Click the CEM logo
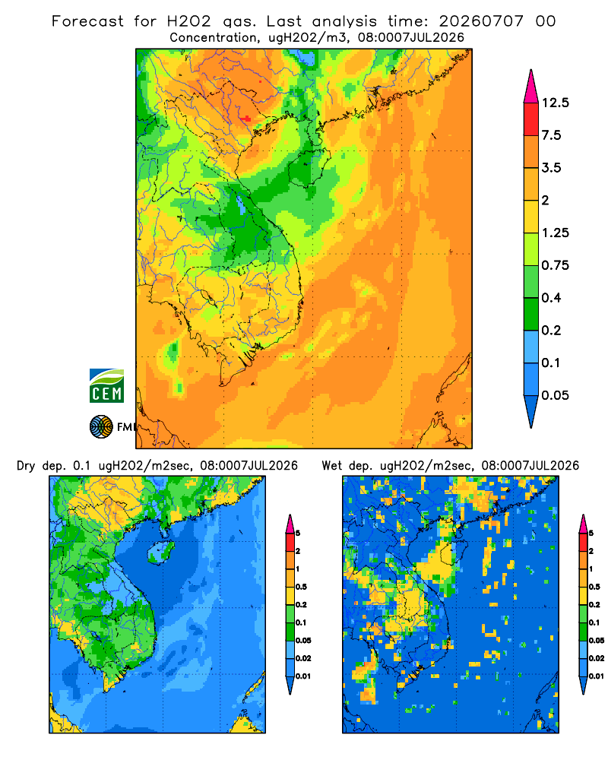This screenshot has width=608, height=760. pyautogui.click(x=106, y=386)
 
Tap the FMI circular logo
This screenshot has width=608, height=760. pyautogui.click(x=101, y=427)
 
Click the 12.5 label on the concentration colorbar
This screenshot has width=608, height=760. pyautogui.click(x=556, y=103)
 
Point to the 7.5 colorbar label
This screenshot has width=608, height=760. pyautogui.click(x=551, y=135)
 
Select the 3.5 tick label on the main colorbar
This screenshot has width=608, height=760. pyautogui.click(x=551, y=168)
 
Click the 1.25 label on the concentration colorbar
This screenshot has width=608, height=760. pyautogui.click(x=556, y=233)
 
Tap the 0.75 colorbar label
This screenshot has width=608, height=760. pyautogui.click(x=556, y=265)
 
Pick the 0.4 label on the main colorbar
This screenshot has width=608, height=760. pyautogui.click(x=551, y=298)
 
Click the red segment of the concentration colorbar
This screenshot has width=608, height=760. pyautogui.click(x=531, y=119)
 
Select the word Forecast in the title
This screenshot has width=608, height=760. pyautogui.click(x=87, y=21)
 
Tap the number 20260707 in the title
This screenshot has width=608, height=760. pyautogui.click(x=481, y=21)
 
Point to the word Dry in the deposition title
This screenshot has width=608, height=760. pyautogui.click(x=26, y=466)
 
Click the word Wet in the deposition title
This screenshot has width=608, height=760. pyautogui.click(x=332, y=466)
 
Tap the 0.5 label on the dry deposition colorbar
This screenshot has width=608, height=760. pyautogui.click(x=301, y=587)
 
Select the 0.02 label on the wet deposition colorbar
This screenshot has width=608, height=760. pyautogui.click(x=597, y=658)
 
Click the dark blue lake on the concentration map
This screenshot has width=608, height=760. pyautogui.click(x=240, y=204)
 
